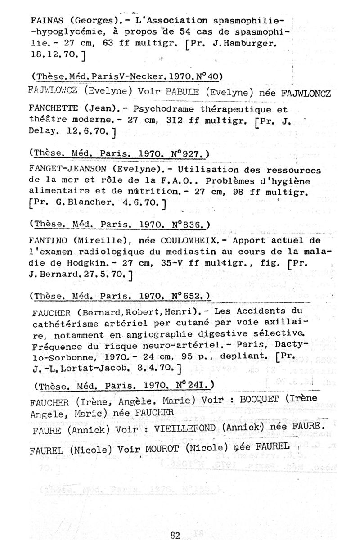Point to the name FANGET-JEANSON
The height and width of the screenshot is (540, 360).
(67, 171)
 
